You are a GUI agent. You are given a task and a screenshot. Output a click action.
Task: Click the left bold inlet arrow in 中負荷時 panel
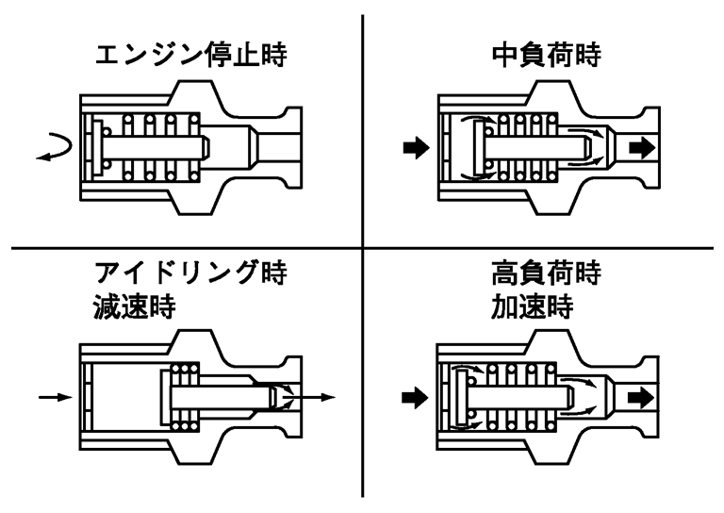coord(413,147)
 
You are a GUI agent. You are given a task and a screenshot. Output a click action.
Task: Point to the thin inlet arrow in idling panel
coord(55,397)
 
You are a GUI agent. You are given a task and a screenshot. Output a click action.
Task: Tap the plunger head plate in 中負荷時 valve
coord(481,147)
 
